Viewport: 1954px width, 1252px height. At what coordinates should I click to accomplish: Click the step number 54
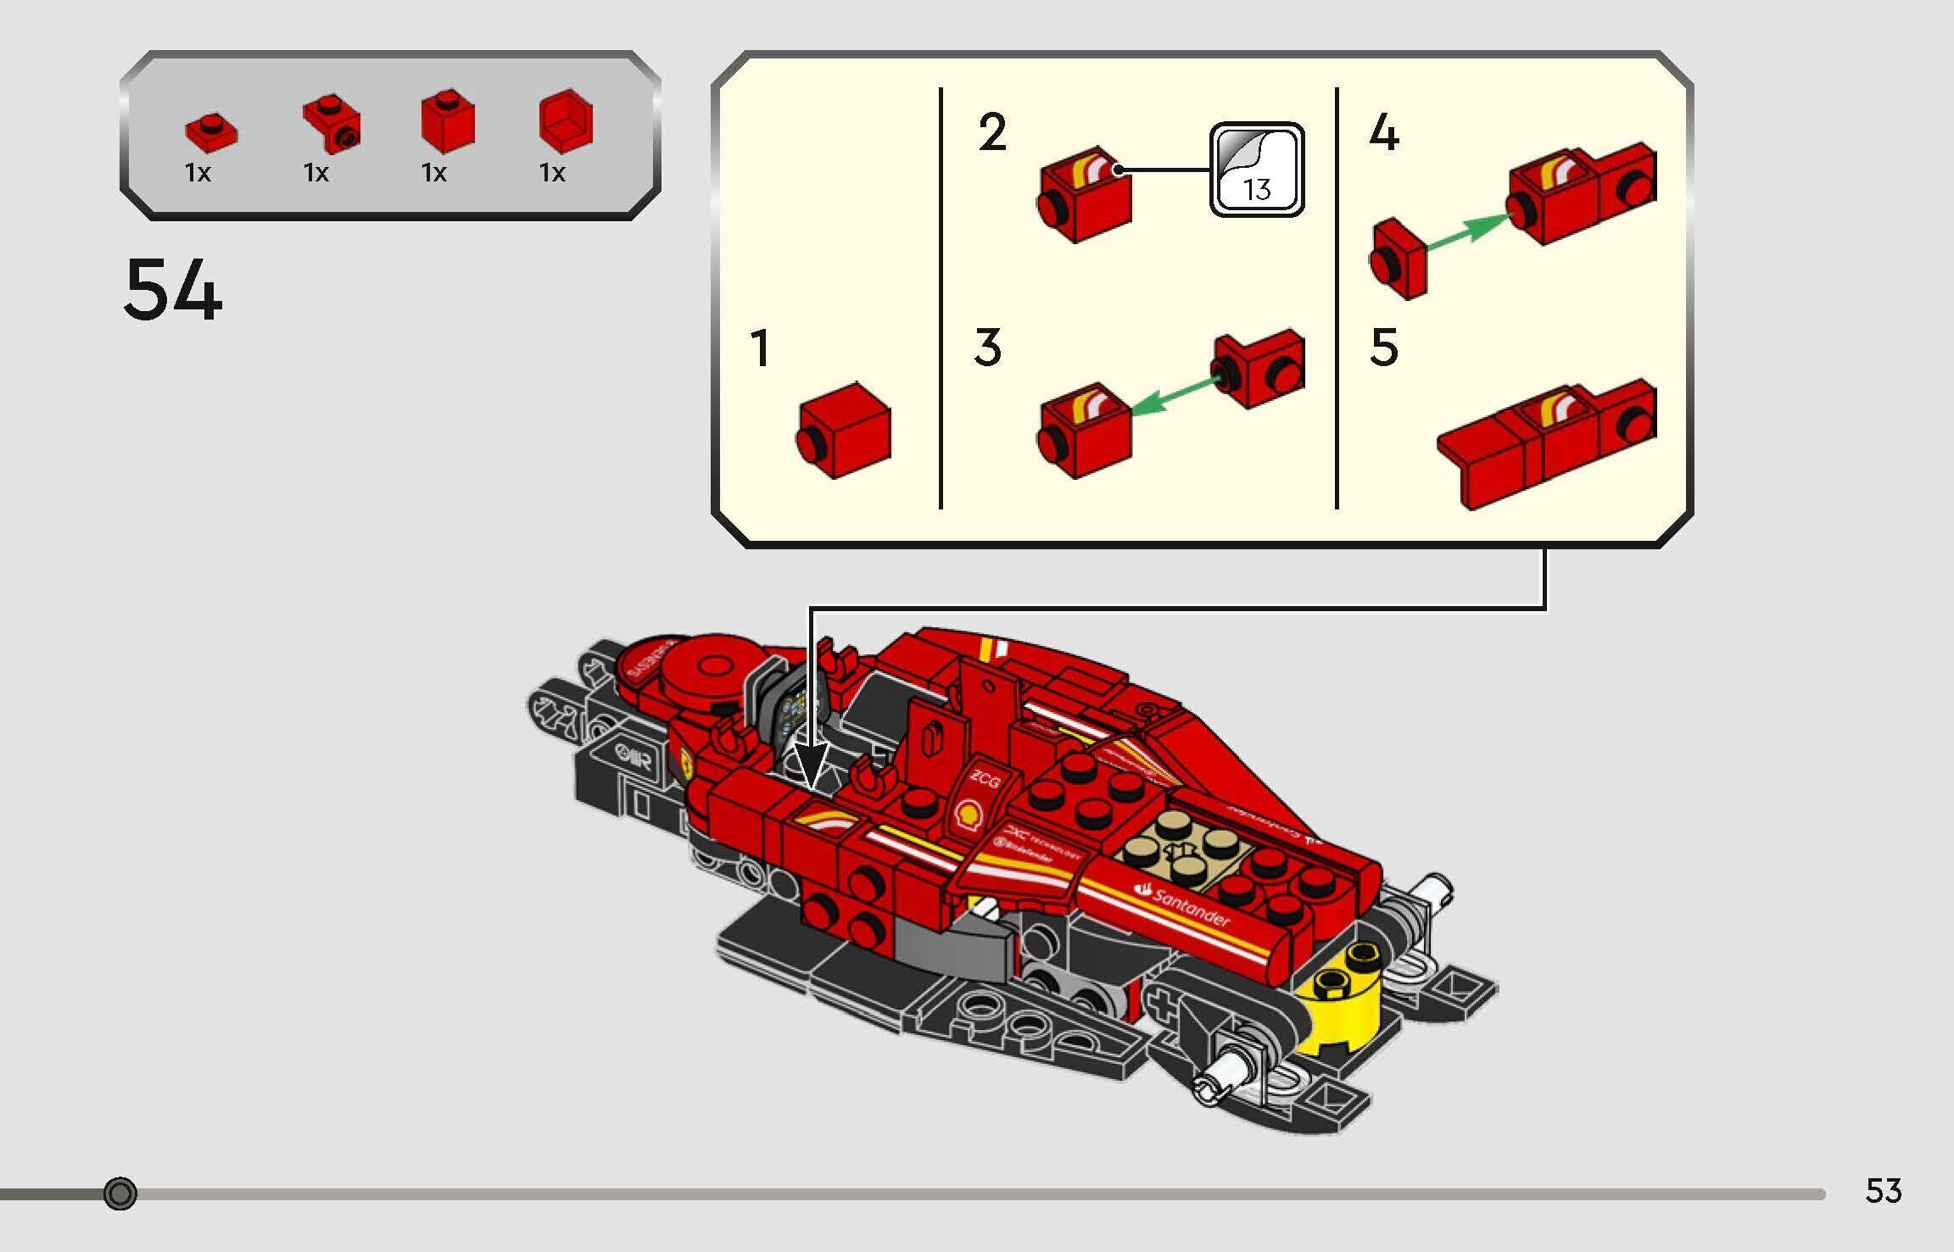coord(173,290)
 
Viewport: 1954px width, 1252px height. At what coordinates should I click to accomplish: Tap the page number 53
coord(1883,1191)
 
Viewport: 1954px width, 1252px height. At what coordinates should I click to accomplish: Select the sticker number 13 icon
coord(1256,170)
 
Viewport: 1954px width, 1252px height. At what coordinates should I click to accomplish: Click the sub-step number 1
coord(760,348)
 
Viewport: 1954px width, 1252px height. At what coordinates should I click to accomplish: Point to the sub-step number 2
coord(991,133)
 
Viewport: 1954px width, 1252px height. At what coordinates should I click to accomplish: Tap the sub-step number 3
coord(988,348)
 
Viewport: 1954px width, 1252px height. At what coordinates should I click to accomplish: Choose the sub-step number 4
coord(1383,133)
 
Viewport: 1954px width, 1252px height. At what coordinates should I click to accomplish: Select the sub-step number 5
coord(1383,348)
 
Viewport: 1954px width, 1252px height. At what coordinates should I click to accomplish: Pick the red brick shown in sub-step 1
coord(844,431)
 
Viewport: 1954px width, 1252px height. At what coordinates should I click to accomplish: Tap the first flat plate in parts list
coord(211,132)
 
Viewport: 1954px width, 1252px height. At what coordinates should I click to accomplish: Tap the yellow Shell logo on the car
coord(968,815)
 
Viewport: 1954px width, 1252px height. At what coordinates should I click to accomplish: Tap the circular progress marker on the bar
coord(120,1194)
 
